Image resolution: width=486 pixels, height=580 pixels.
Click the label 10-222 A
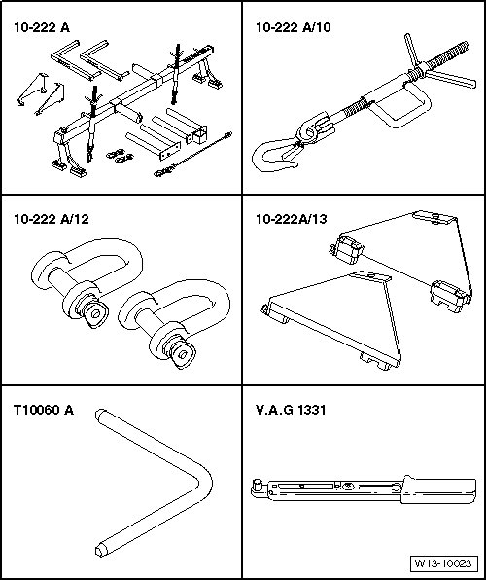[x=42, y=27]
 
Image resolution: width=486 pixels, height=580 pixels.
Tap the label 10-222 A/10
[x=294, y=27]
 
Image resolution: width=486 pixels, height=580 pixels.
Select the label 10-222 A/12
[x=52, y=219]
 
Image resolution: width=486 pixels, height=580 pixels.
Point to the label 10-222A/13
[x=292, y=219]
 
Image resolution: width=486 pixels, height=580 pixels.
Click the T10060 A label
[x=44, y=410]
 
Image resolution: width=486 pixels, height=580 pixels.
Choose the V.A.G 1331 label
[x=291, y=410]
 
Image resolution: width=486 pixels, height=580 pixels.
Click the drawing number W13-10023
[x=443, y=563]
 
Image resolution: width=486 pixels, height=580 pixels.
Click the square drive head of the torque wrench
[x=257, y=486]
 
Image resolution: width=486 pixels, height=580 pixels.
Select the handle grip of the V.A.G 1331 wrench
[x=438, y=489]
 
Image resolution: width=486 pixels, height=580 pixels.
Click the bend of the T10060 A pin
[x=204, y=483]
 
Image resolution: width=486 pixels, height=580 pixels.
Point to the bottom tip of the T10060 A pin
[x=100, y=551]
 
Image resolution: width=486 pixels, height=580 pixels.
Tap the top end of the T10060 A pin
[x=99, y=414]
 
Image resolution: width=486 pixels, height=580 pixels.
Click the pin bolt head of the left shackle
[x=96, y=313]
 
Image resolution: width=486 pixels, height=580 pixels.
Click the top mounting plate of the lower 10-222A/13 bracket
[x=370, y=276]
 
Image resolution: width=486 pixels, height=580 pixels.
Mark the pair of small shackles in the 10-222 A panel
[x=121, y=156]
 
